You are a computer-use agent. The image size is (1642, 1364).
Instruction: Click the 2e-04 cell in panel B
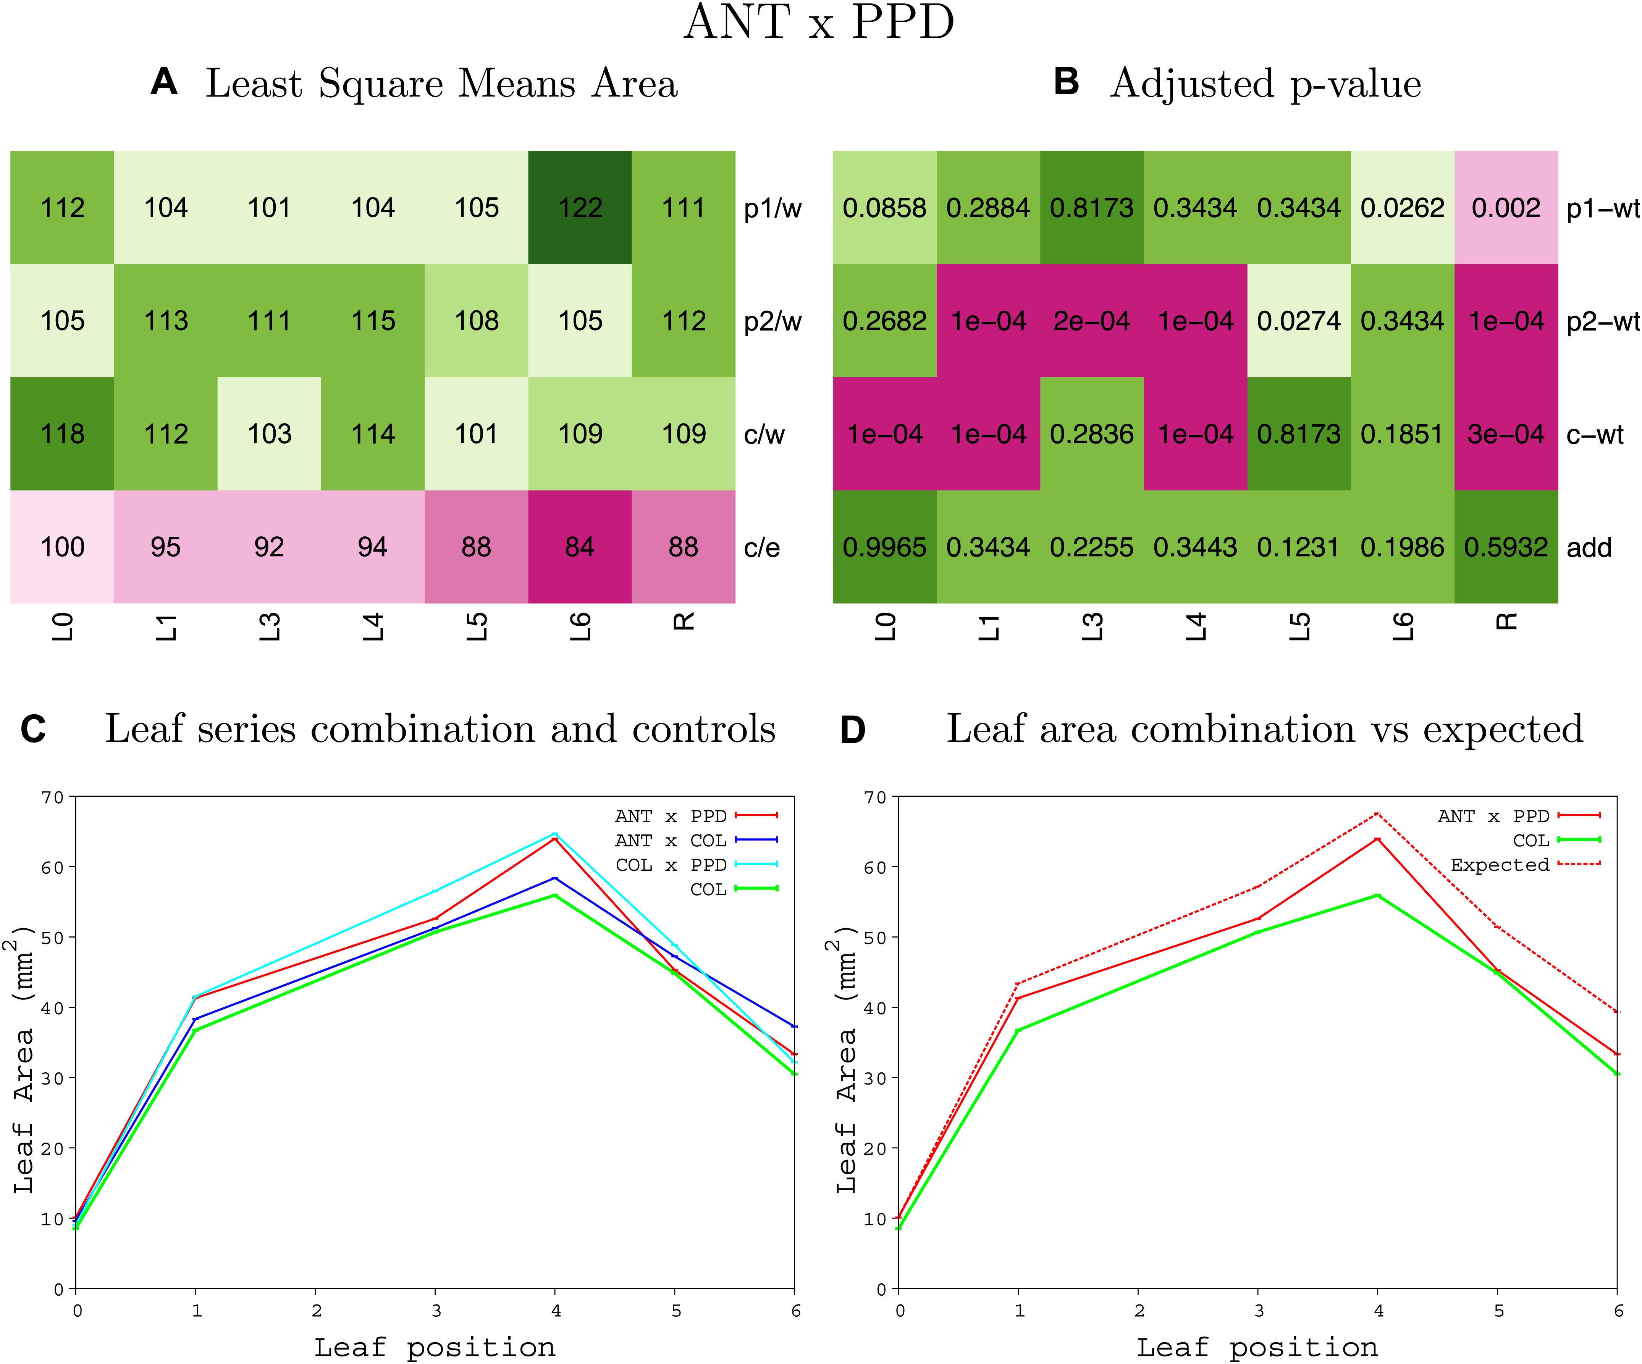pyautogui.click(x=1091, y=321)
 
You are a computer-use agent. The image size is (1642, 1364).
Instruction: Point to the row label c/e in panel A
pyautogui.click(x=761, y=547)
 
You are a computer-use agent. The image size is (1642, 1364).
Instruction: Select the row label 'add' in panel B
pyautogui.click(x=1589, y=547)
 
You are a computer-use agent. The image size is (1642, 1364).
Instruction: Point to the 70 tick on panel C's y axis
pyautogui.click(x=53, y=797)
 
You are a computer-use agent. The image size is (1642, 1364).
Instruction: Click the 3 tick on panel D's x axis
pyautogui.click(x=1258, y=1311)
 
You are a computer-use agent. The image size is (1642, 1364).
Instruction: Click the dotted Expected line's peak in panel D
pyautogui.click(x=1378, y=814)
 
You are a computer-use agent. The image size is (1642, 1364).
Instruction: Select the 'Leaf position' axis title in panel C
pyautogui.click(x=435, y=1347)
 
